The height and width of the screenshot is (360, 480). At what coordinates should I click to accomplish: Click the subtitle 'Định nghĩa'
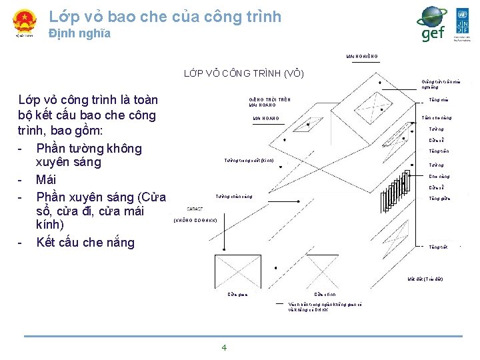pyautogui.click(x=79, y=33)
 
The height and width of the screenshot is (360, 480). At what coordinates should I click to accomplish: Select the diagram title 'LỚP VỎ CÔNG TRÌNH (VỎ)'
pyautogui.click(x=243, y=73)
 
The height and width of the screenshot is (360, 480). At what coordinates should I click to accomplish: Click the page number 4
pyautogui.click(x=224, y=347)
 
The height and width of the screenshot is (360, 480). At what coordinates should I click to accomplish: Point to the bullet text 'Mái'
pyautogui.click(x=47, y=179)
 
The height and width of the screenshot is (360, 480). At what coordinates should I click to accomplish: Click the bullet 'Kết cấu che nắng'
pyautogui.click(x=85, y=242)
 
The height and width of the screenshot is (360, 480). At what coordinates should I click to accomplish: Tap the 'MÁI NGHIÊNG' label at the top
pyautogui.click(x=362, y=56)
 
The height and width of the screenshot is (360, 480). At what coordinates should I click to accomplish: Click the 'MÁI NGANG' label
pyautogui.click(x=265, y=119)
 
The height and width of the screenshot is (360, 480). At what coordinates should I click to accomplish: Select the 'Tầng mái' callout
pyautogui.click(x=439, y=101)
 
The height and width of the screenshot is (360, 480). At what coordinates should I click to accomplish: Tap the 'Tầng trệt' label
pyautogui.click(x=438, y=247)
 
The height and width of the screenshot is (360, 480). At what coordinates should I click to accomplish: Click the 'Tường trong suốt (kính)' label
pyautogui.click(x=249, y=161)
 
